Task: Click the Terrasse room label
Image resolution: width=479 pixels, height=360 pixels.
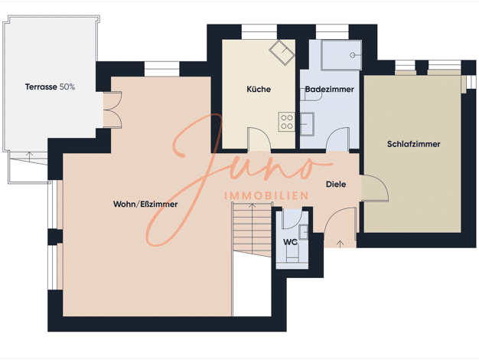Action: pos(41,87)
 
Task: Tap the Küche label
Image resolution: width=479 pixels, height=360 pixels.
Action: pos(259,90)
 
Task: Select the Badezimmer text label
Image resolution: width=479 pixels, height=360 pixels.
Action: pos(330,90)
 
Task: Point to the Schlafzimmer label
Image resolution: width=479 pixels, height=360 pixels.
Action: pos(414,144)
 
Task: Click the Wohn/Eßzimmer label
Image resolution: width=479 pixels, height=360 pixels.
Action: pos(145,204)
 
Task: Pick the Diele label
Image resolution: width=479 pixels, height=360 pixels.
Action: pos(336,184)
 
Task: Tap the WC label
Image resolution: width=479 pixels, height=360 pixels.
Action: pos(290,242)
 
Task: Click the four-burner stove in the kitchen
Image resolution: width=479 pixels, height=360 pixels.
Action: pos(286,122)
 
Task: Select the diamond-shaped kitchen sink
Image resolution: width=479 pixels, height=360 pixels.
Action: pos(282,52)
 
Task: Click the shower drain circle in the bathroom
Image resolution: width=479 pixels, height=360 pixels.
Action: pos(353,55)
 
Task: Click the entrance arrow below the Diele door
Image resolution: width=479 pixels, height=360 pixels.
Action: pos(341,244)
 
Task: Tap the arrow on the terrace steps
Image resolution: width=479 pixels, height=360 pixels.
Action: pos(29,156)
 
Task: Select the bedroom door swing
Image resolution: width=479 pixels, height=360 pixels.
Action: pos(375,188)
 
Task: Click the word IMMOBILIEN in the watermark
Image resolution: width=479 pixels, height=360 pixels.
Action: pos(266,196)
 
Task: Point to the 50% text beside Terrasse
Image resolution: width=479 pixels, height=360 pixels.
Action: pos(67,87)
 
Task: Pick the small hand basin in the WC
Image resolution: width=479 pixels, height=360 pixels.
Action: pos(303,232)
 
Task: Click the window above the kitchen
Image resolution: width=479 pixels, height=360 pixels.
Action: pos(259,32)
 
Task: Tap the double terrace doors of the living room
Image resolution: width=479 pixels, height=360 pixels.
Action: pos(112,110)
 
